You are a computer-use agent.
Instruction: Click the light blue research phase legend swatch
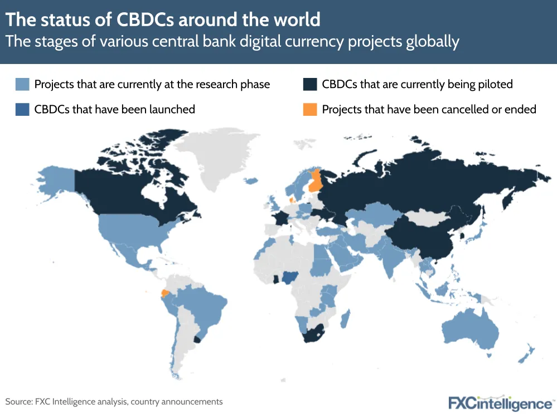tap(22, 84)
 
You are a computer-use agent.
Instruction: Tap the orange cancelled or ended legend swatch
tap(309, 109)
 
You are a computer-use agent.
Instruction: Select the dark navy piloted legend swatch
tap(309, 84)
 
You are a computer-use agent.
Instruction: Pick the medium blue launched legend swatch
tap(22, 109)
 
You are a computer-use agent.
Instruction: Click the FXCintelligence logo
tap(500, 402)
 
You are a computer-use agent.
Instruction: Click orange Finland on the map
tap(316, 181)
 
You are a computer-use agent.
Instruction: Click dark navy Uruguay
tap(196, 339)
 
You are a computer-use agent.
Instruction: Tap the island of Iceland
tap(250, 180)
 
